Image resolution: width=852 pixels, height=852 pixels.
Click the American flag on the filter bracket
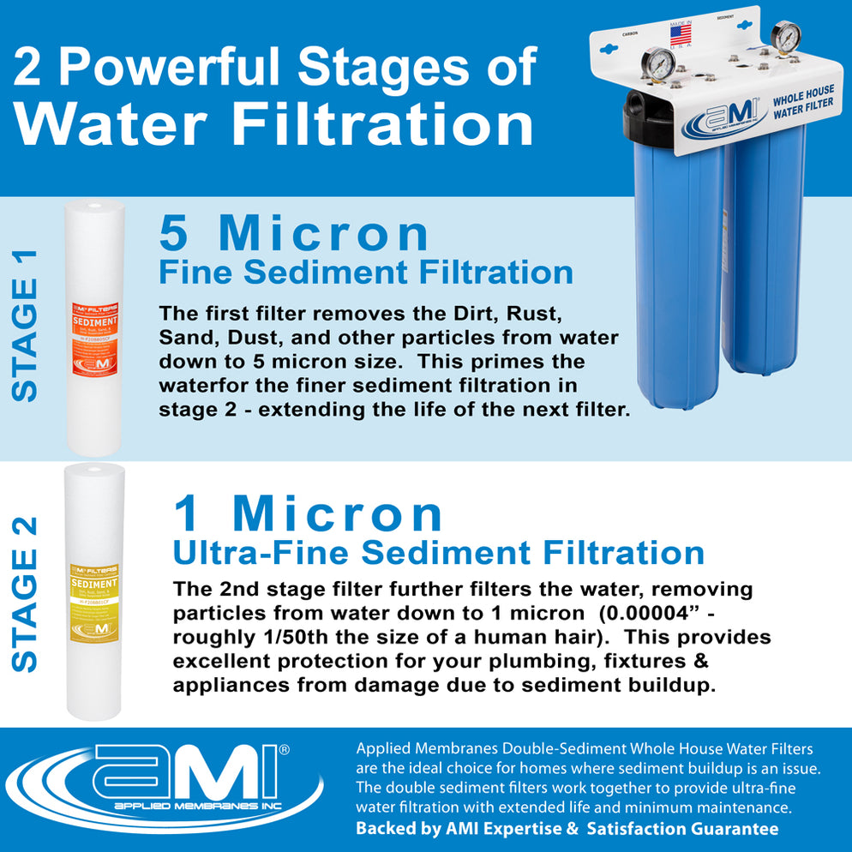pyautogui.click(x=680, y=35)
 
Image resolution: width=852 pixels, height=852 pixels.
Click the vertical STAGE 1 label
pyautogui.click(x=27, y=325)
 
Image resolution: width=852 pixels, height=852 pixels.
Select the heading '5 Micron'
pyautogui.click(x=294, y=233)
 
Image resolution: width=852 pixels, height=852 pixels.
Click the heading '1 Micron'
pyautogui.click(x=308, y=514)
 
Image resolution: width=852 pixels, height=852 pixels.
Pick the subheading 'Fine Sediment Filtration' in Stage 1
pyautogui.click(x=366, y=272)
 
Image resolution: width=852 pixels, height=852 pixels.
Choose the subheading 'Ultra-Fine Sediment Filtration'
pyautogui.click(x=438, y=552)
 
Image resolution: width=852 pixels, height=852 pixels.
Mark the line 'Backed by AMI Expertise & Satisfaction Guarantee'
pyautogui.click(x=567, y=829)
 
